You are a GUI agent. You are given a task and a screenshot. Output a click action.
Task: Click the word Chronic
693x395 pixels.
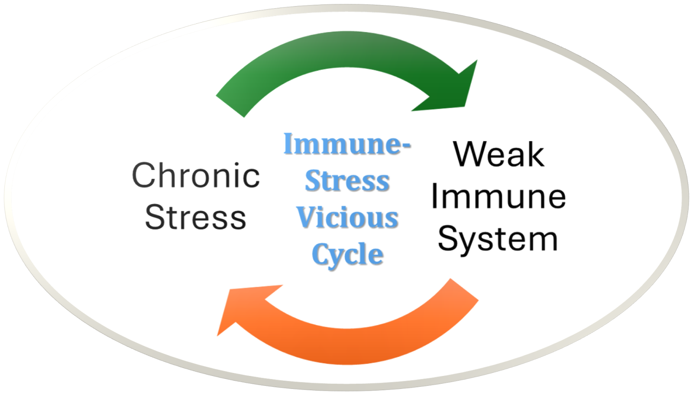click(x=196, y=175)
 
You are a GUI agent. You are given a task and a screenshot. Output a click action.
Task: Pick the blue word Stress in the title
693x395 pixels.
click(x=348, y=181)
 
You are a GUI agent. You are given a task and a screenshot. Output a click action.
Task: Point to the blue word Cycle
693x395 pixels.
click(x=348, y=254)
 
